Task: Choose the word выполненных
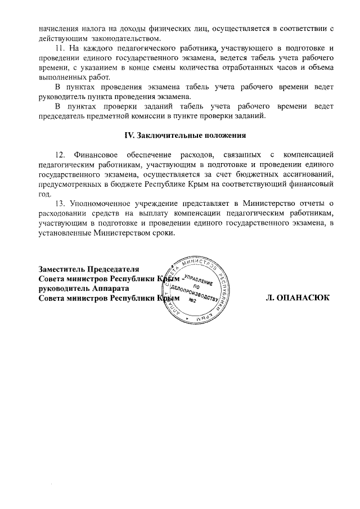(61, 77)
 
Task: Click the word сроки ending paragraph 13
(164, 233)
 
